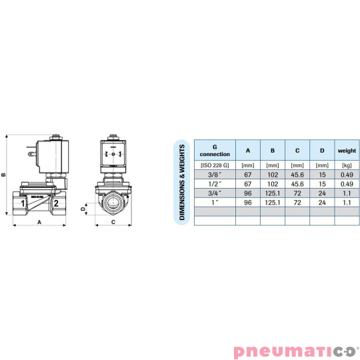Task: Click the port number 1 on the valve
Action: click(23, 203)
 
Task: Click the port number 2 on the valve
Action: click(57, 203)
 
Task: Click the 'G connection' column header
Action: click(215, 151)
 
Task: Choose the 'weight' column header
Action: click(347, 151)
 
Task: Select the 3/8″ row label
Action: click(215, 175)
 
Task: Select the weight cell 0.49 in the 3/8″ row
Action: click(347, 175)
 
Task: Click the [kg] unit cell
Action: click(347, 165)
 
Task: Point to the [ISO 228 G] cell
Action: click(215, 165)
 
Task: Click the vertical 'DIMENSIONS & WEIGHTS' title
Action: click(181, 182)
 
